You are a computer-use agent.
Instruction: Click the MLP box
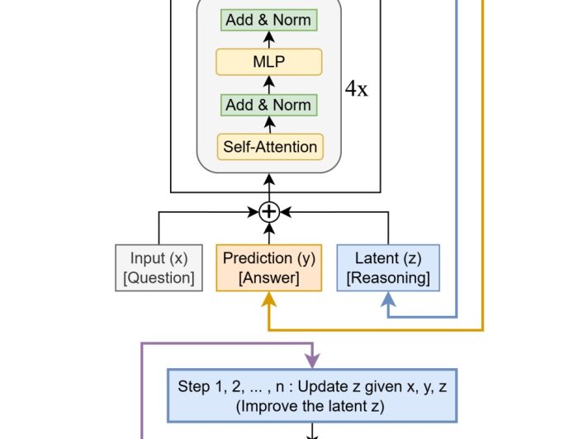click(x=268, y=62)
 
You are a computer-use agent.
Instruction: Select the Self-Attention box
click(x=268, y=147)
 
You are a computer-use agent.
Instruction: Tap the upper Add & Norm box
click(x=268, y=20)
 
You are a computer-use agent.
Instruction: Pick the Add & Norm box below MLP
click(x=268, y=105)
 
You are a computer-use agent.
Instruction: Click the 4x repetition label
click(x=357, y=89)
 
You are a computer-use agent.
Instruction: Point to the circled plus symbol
click(x=268, y=212)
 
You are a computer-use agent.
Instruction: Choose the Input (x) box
click(x=159, y=267)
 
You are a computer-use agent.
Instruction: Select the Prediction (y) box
click(x=268, y=267)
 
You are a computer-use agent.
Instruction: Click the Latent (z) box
click(x=388, y=267)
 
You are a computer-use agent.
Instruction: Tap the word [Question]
click(x=159, y=278)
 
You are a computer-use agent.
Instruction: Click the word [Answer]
click(x=268, y=278)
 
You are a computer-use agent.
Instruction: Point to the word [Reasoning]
click(x=388, y=278)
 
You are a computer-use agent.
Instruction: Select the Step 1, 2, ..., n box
click(x=312, y=394)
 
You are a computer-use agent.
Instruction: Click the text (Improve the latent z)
click(x=312, y=405)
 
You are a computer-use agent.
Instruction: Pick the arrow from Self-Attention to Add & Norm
click(x=268, y=125)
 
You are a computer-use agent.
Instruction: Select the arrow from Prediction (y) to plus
click(x=268, y=233)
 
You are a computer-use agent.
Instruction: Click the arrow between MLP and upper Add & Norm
click(x=268, y=40)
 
